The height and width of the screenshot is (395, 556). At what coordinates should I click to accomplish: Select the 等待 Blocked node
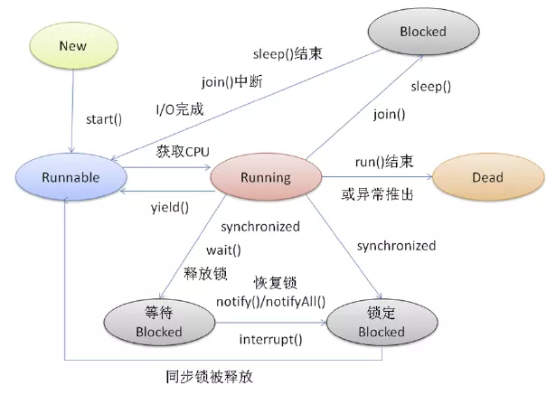click(158, 324)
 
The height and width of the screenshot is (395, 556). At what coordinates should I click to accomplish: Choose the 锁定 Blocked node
click(374, 324)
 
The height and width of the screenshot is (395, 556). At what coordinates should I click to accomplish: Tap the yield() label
click(170, 207)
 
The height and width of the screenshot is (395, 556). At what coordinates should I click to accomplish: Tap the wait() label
click(222, 249)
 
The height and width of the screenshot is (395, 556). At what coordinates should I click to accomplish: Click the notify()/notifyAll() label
click(270, 300)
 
